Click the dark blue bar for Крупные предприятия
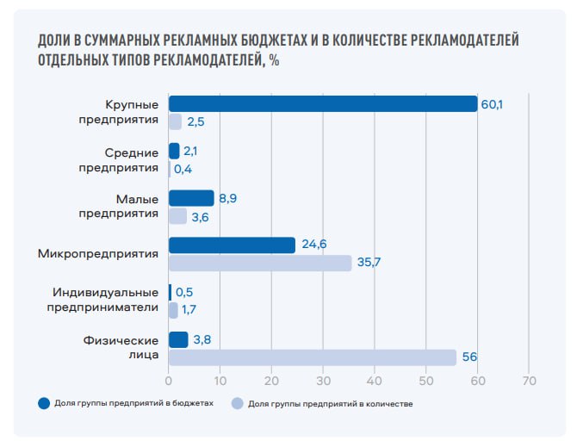(x=323, y=104)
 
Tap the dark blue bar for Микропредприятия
(x=232, y=245)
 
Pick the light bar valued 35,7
(x=260, y=264)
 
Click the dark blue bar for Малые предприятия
(x=191, y=198)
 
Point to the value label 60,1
(x=492, y=104)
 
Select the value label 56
(x=469, y=357)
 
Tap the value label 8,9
(x=228, y=198)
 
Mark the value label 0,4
(x=183, y=169)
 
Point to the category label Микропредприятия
(x=98, y=254)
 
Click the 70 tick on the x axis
(x=529, y=380)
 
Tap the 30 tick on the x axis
(x=323, y=380)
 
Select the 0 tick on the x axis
(x=169, y=380)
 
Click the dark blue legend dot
(x=42, y=403)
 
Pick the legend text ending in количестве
(x=330, y=403)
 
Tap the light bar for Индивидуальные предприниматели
(x=173, y=310)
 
